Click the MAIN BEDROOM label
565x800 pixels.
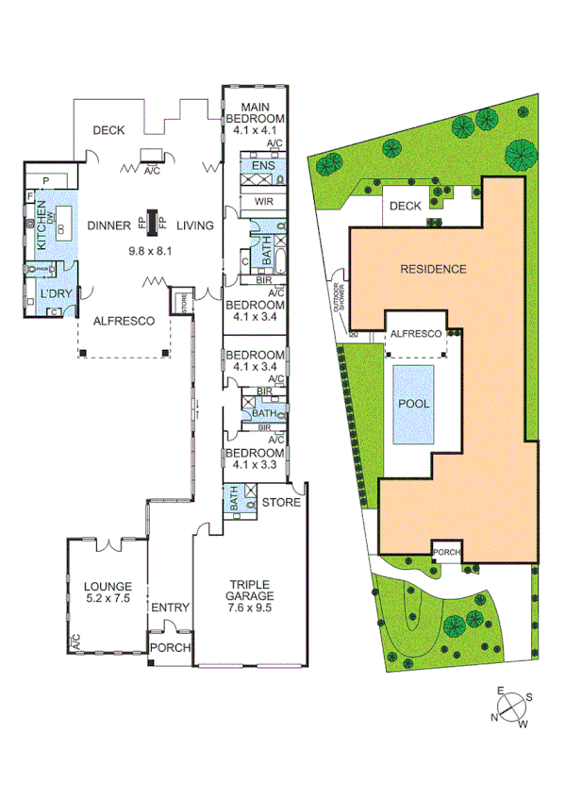click(256, 112)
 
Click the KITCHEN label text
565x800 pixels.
click(41, 227)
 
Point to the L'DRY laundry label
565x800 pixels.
click(51, 296)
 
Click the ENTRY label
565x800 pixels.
click(171, 608)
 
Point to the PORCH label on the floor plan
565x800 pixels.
click(171, 648)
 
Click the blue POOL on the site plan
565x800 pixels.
click(414, 404)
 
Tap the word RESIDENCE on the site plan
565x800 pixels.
click(433, 269)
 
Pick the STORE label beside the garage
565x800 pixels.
click(281, 502)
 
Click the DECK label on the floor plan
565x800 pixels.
click(108, 130)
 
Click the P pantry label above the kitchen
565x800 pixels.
click(46, 181)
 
